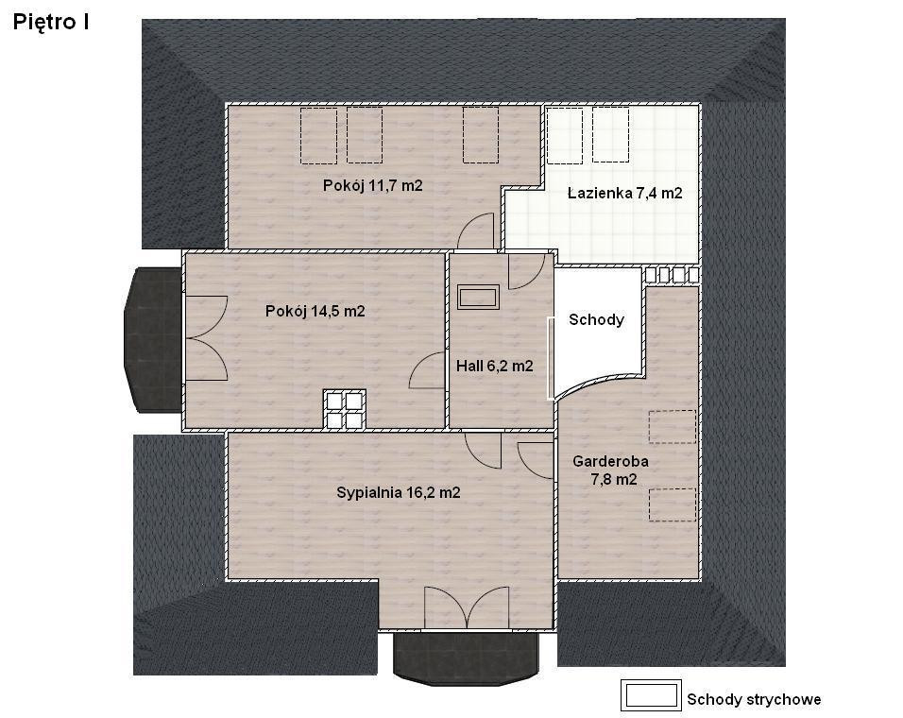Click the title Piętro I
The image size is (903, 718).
(51, 22)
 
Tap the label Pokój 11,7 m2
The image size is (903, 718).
(372, 185)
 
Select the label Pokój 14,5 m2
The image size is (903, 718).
(315, 311)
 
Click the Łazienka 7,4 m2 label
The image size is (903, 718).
(625, 193)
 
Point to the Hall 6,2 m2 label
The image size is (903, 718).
(495, 366)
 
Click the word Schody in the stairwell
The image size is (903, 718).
(597, 319)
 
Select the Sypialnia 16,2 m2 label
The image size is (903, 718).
(399, 492)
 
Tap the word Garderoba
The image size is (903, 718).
(610, 461)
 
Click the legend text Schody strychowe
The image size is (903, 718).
(754, 699)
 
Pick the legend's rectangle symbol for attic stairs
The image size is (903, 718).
(651, 695)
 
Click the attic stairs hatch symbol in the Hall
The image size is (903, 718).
(478, 298)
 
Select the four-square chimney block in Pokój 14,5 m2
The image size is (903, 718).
(345, 410)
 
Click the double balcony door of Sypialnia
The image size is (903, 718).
(467, 607)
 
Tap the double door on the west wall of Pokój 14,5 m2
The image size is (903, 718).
(206, 338)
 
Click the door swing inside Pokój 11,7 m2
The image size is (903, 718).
(477, 231)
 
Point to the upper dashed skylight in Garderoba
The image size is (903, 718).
(673, 426)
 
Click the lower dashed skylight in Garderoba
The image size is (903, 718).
(673, 504)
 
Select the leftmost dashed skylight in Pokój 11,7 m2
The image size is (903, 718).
(318, 135)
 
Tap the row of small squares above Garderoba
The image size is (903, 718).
(672, 275)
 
